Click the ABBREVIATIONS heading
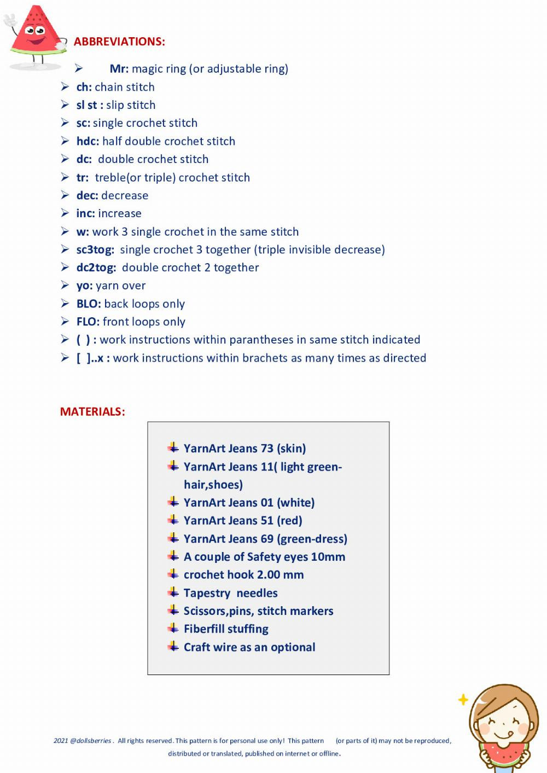point(119,42)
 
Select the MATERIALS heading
point(92,412)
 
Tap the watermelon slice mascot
point(36,36)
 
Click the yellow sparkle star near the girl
point(463,700)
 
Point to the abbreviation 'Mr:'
point(119,69)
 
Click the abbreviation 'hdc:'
point(88,141)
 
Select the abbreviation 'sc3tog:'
point(95,250)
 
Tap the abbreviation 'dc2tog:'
point(96,268)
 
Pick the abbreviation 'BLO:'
point(89,304)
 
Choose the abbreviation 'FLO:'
point(88,322)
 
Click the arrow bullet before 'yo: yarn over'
point(65,286)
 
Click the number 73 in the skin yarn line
point(267,449)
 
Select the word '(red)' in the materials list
point(289,521)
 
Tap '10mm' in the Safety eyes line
point(328,557)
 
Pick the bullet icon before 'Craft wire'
point(173,647)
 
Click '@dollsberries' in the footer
point(91,741)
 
